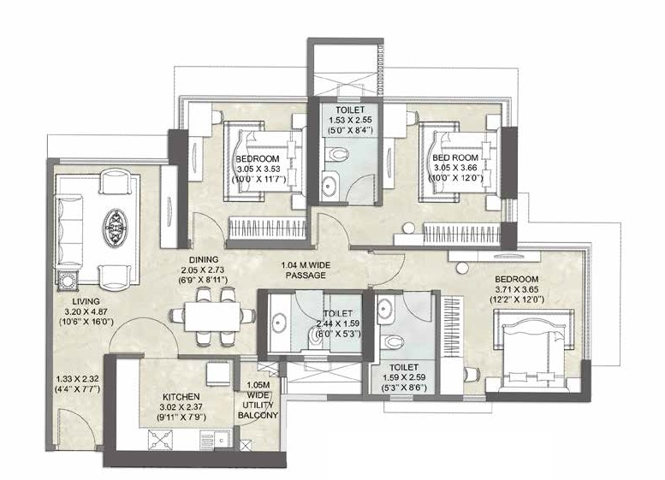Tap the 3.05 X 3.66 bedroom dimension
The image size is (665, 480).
pos(454,169)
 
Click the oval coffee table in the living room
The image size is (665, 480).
pos(115,228)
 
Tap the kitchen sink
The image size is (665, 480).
pos(210,440)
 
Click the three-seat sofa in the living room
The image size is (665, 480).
pos(69,227)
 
